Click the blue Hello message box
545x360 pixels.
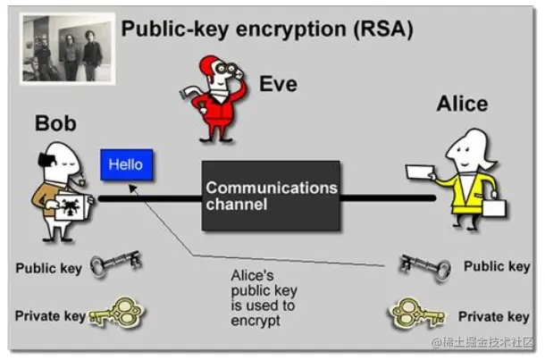pyautogui.click(x=127, y=164)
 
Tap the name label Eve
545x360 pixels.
pyautogui.click(x=279, y=84)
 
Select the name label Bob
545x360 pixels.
pyautogui.click(x=55, y=123)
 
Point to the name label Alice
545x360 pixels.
pyautogui.click(x=462, y=104)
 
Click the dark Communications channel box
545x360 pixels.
pyautogui.click(x=271, y=196)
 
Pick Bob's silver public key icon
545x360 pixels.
pyautogui.click(x=116, y=264)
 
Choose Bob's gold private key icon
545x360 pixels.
pyautogui.click(x=117, y=313)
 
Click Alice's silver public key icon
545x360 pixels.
pyautogui.click(x=424, y=267)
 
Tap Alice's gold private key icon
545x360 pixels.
pyautogui.click(x=416, y=314)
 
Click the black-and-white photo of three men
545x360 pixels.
pyautogui.click(x=67, y=48)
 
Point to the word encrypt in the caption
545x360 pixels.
pyautogui.click(x=256, y=321)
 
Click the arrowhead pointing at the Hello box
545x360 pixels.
pyautogui.click(x=132, y=188)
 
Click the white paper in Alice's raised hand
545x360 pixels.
pyautogui.click(x=420, y=172)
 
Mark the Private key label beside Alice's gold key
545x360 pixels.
pyautogui.click(x=493, y=316)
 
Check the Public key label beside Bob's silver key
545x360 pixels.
pyautogui.click(x=49, y=268)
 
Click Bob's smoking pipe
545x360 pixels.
pyautogui.click(x=81, y=180)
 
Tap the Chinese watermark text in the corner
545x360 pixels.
pyautogui.click(x=482, y=342)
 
